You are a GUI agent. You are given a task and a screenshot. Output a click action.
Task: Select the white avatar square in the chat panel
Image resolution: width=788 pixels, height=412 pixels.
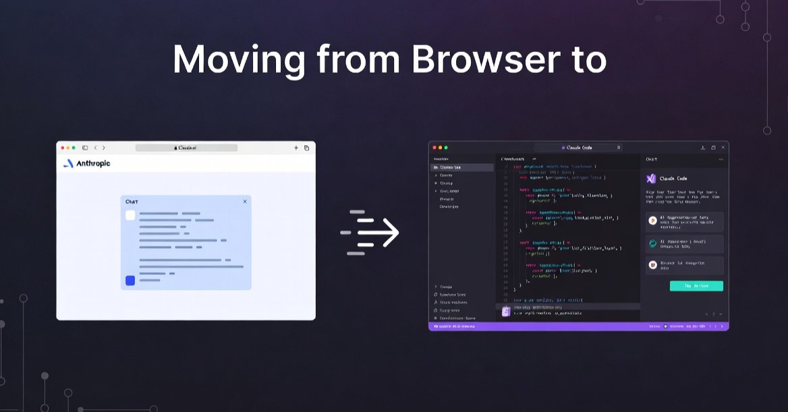pyautogui.click(x=130, y=215)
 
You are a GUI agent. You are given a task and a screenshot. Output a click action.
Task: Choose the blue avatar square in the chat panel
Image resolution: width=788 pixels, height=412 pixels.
pyautogui.click(x=130, y=281)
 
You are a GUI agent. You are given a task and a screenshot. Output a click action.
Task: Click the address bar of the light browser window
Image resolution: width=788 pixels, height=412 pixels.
pyautogui.click(x=186, y=148)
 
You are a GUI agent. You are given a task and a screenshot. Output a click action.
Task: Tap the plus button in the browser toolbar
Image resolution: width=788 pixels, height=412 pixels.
pyautogui.click(x=295, y=148)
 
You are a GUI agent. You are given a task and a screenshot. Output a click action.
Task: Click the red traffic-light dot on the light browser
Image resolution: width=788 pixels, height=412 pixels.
pyautogui.click(x=63, y=148)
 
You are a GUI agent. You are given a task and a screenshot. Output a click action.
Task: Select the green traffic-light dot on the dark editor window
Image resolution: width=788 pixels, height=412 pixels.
pyautogui.click(x=446, y=147)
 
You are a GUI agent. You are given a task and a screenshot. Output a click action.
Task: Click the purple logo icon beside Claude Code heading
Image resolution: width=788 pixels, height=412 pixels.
pyautogui.click(x=651, y=179)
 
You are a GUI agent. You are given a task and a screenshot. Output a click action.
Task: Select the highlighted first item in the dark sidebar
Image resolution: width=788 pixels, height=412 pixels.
pyautogui.click(x=462, y=167)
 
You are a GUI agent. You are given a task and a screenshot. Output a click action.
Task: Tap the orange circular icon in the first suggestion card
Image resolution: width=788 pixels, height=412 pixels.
pyautogui.click(x=652, y=220)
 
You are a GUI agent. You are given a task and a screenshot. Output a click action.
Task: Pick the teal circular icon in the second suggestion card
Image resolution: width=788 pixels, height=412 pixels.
pyautogui.click(x=652, y=244)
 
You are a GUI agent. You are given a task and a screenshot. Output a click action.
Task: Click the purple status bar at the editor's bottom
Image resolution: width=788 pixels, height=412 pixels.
pyautogui.click(x=578, y=326)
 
